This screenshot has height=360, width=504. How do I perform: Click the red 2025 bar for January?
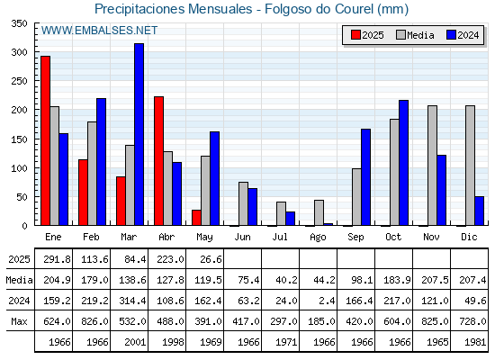click(45, 140)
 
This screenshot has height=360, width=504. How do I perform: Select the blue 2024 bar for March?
click(139, 134)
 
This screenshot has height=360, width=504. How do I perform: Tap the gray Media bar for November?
click(432, 166)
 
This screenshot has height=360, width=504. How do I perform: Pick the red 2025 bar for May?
click(196, 218)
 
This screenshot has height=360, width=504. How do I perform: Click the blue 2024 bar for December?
click(479, 211)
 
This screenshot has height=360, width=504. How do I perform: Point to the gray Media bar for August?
click(319, 212)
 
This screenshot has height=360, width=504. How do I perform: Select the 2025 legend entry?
click(367, 35)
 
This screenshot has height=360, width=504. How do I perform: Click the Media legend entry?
click(415, 35)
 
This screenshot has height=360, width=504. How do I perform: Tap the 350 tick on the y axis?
click(20, 23)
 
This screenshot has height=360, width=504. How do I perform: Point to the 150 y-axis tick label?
click(20, 139)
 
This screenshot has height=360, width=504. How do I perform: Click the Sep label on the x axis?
click(355, 237)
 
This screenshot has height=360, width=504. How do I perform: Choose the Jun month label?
click(242, 237)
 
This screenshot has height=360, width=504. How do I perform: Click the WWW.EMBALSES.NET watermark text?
click(99, 31)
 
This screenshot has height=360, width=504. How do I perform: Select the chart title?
click(252, 9)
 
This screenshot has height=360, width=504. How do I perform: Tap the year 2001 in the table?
click(135, 342)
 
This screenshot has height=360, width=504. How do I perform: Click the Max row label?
click(19, 321)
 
